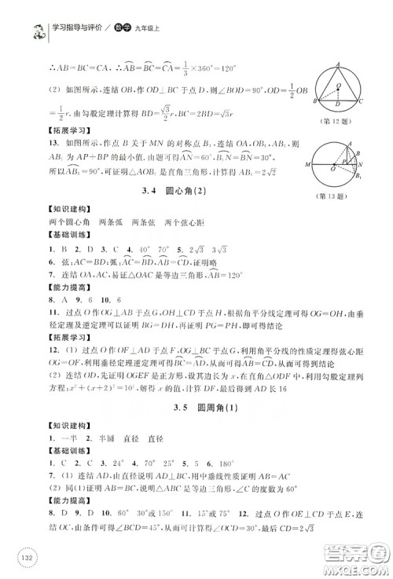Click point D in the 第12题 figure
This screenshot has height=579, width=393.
coord(340,101)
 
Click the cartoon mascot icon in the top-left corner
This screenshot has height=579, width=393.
coord(14,14)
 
